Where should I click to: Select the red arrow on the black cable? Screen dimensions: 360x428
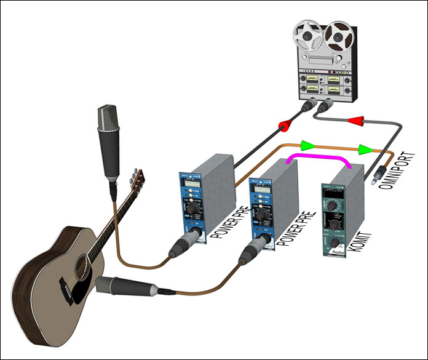285,127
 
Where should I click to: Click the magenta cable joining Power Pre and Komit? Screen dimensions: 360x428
320,157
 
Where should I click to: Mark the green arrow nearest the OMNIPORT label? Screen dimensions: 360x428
365,149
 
